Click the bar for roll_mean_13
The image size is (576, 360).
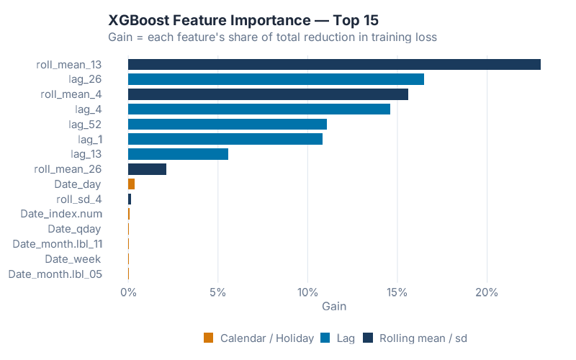click(x=334, y=65)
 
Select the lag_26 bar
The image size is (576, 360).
click(x=276, y=79)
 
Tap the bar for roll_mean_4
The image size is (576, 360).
click(x=268, y=94)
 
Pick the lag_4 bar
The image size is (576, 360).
click(x=259, y=109)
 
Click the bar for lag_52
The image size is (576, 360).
click(x=228, y=124)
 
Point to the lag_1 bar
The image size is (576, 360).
click(x=225, y=139)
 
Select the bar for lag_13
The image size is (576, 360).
click(x=178, y=154)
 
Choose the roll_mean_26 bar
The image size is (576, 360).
click(x=147, y=169)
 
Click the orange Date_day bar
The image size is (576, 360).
click(x=131, y=184)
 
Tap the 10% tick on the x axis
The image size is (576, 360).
click(x=307, y=292)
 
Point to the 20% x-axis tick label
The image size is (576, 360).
click(x=487, y=292)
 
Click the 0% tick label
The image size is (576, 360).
click(x=128, y=292)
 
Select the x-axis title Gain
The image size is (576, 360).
click(x=334, y=306)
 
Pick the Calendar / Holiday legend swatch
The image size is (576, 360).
click(x=209, y=338)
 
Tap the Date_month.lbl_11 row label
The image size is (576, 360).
click(x=58, y=244)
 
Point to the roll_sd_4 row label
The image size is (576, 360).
click(x=78, y=199)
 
